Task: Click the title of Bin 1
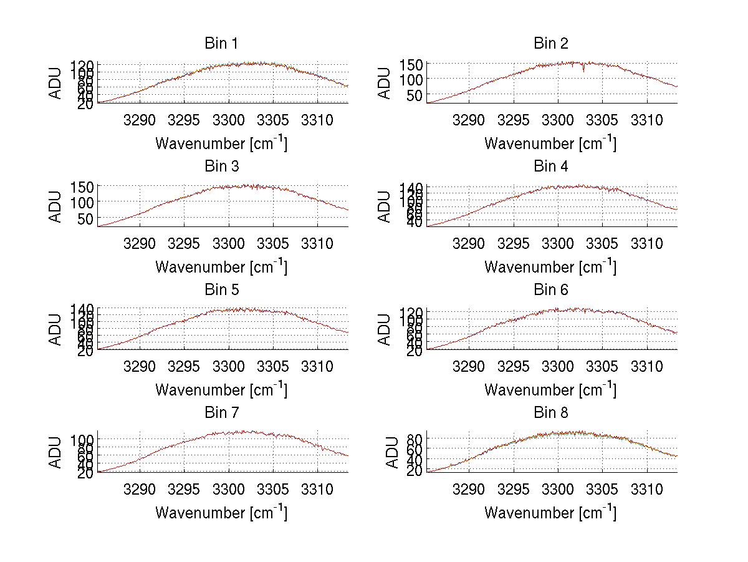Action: [221, 44]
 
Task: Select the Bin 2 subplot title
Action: [550, 44]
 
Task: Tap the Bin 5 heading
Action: [221, 290]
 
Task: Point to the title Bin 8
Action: [550, 413]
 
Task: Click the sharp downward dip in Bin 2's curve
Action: [584, 70]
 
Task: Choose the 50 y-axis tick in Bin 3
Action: [87, 218]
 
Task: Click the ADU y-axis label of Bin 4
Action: [385, 205]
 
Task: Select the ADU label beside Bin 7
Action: [55, 452]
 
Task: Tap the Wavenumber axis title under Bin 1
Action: [221, 143]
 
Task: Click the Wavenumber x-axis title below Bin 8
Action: [550, 513]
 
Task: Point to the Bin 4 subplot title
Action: [550, 167]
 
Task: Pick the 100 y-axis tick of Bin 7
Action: [83, 440]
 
